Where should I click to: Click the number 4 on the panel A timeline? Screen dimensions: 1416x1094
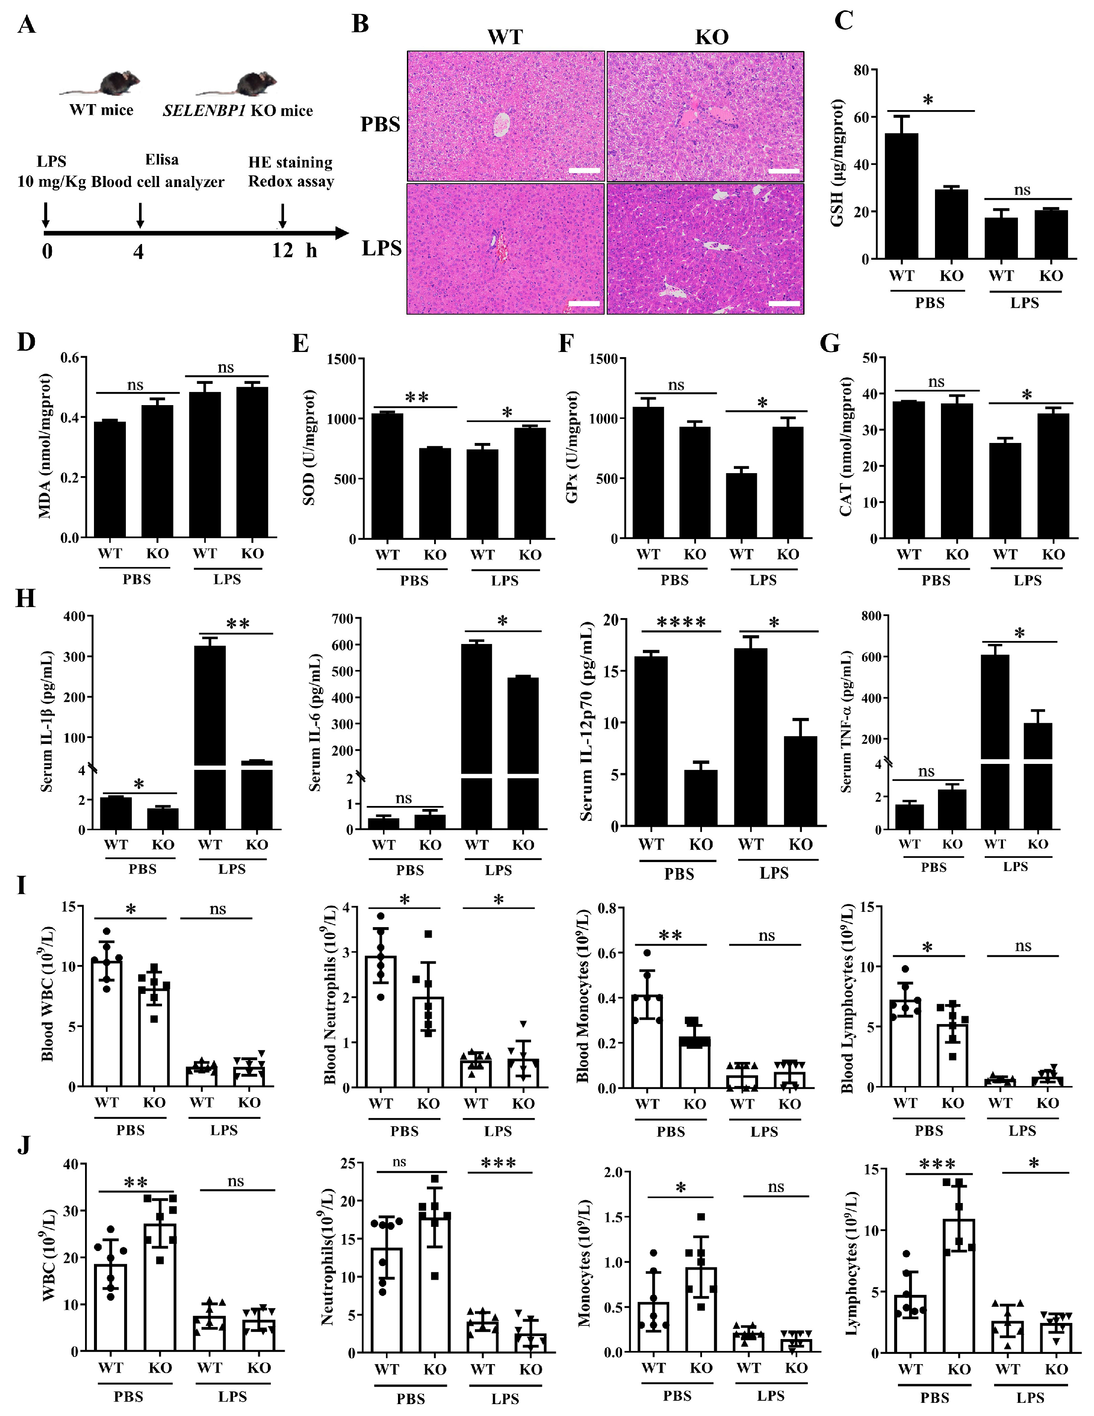point(138,251)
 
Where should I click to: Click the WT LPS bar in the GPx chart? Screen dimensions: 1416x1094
point(741,506)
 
